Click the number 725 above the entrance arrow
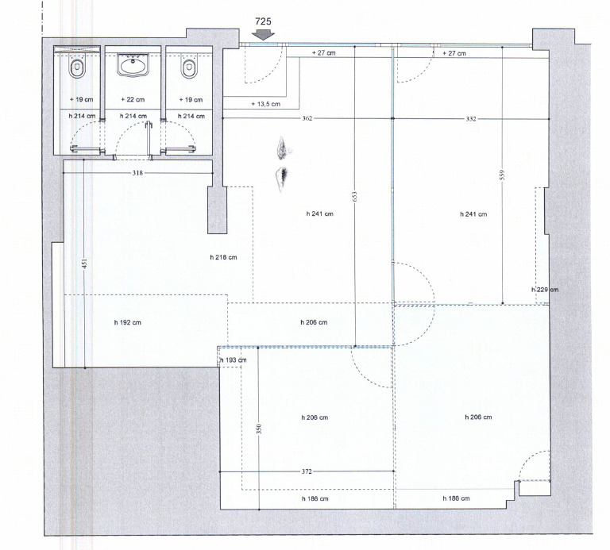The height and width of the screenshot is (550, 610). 263,21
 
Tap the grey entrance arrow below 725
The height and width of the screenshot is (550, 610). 263,35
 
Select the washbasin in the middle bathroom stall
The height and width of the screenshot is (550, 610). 133,65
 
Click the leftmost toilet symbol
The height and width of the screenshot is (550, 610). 77,67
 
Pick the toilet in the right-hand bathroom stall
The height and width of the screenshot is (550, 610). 189,67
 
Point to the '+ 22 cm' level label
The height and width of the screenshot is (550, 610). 133,99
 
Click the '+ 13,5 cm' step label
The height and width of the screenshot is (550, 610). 266,104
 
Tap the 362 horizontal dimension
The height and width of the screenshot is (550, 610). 307,118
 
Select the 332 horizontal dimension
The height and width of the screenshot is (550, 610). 471,118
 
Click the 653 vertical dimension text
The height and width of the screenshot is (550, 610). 354,196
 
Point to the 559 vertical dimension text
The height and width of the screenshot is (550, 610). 502,175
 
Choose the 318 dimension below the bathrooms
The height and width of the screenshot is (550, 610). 137,173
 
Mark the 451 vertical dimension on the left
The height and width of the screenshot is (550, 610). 84,263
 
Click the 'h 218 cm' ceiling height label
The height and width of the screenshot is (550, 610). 223,257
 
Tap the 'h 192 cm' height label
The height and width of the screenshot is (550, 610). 128,322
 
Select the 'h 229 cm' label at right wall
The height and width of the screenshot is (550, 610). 545,290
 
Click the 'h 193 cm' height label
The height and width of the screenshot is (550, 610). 234,360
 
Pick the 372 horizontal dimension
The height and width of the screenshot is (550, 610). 307,471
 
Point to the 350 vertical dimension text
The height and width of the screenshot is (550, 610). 259,429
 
